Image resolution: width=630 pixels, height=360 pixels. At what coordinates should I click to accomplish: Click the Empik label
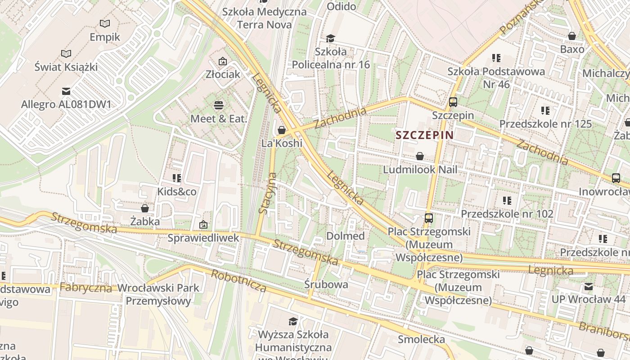[x=105, y=37]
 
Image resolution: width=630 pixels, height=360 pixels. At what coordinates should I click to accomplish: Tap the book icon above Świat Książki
[x=66, y=54]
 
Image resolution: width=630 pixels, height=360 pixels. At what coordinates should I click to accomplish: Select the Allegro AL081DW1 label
[x=66, y=105]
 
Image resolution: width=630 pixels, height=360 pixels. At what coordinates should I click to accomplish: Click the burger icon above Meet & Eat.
[x=219, y=106]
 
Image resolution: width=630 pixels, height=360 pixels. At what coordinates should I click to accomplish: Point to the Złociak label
[x=223, y=74]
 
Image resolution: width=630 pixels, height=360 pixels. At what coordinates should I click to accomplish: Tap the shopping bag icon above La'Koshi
[x=282, y=130]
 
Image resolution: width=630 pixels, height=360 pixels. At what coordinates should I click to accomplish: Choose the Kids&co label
[x=177, y=192]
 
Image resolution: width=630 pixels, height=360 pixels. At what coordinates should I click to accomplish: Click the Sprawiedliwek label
[x=203, y=238]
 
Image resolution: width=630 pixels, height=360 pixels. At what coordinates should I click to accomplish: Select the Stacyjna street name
[x=267, y=193]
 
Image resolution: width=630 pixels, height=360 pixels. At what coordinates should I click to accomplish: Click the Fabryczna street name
[x=85, y=288]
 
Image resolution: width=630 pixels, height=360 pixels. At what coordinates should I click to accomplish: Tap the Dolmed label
[x=346, y=236]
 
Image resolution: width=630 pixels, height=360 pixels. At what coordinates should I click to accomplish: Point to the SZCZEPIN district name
[x=424, y=135]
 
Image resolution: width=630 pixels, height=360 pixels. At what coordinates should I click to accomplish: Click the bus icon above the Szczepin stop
[x=453, y=102]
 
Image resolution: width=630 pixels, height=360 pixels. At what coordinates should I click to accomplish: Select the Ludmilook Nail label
[x=420, y=170]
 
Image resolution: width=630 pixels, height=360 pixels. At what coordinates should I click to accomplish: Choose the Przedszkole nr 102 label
[x=507, y=214]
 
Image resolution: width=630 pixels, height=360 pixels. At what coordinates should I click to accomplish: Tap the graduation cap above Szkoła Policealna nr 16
[x=331, y=38]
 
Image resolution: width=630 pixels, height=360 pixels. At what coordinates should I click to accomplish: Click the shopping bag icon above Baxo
[x=572, y=36]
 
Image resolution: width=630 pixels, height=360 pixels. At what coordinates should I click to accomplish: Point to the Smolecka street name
[x=421, y=339]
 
